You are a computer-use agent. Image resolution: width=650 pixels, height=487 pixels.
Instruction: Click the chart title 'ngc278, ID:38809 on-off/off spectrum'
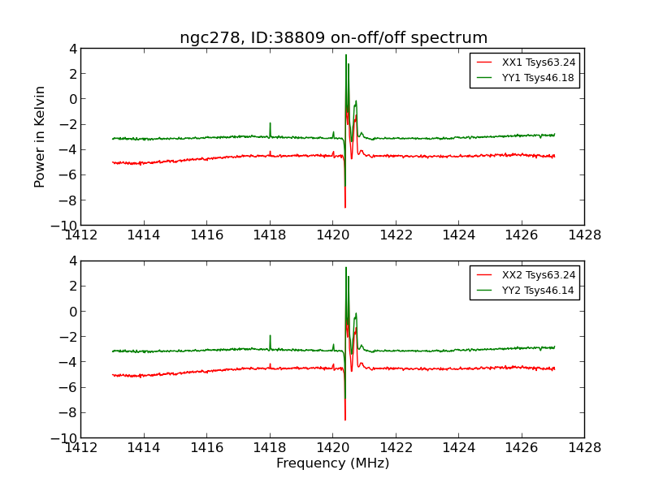(x=333, y=37)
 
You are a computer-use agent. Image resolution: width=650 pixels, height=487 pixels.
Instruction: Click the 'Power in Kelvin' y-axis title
(x=40, y=136)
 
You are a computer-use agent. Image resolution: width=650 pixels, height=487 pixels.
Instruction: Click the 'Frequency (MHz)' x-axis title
(x=332, y=463)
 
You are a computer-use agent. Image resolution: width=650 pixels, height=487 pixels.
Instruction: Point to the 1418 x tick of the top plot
(x=270, y=235)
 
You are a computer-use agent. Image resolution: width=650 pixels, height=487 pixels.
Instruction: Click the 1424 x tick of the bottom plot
(x=458, y=448)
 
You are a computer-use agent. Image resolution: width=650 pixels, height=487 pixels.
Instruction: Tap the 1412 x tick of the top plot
(x=80, y=235)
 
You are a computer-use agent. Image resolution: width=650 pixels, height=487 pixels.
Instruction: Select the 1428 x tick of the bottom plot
(x=584, y=448)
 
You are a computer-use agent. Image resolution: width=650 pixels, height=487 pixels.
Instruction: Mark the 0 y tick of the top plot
(x=72, y=99)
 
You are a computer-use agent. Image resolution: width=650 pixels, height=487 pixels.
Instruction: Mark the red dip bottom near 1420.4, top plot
(x=345, y=206)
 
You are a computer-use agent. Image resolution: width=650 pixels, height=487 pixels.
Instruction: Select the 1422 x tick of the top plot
(x=396, y=235)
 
